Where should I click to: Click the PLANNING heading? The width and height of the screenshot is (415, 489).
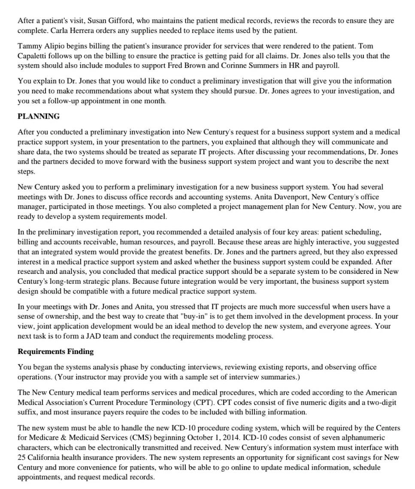pyautogui.click(x=39, y=117)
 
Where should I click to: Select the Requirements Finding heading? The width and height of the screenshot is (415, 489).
pyautogui.click(x=55, y=351)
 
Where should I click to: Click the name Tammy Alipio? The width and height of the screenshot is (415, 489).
pyautogui.click(x=37, y=46)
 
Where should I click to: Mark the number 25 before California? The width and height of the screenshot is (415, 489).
pyautogui.click(x=22, y=457)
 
